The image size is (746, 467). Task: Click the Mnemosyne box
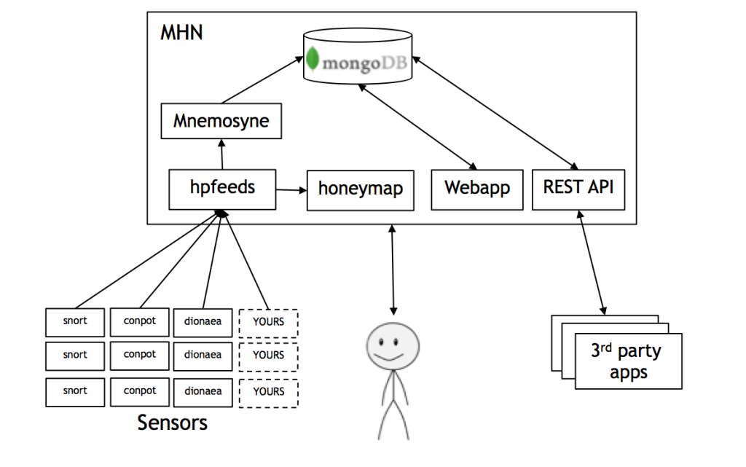tap(221, 121)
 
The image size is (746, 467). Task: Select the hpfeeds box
tap(222, 188)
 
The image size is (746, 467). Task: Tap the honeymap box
tap(360, 189)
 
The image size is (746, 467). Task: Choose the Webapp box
tap(477, 188)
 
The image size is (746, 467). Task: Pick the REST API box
tap(578, 187)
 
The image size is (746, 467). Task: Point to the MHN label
tap(181, 33)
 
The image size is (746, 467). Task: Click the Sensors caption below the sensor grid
tap(172, 422)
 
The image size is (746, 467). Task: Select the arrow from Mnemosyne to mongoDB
tap(262, 82)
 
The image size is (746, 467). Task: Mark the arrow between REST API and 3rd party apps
tap(591, 263)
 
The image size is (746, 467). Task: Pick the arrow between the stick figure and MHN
tap(393, 270)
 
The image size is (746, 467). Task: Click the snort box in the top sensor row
tap(74, 321)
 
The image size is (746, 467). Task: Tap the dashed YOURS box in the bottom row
tap(268, 391)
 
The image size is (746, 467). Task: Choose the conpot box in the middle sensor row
tap(139, 355)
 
